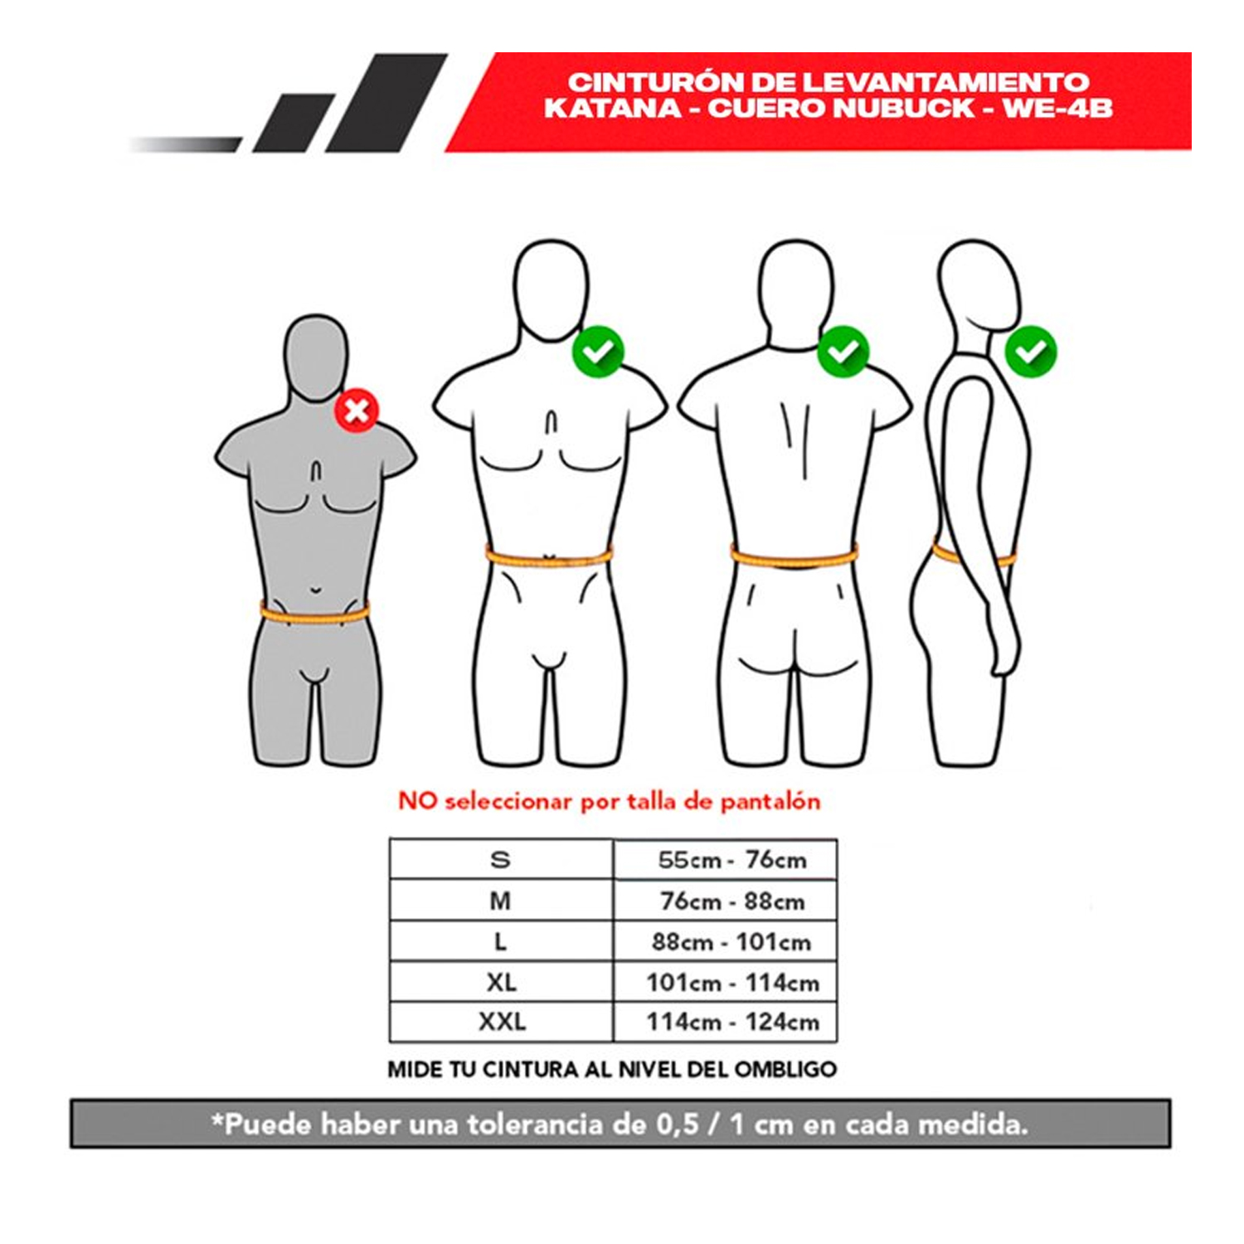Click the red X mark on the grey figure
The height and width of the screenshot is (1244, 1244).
(357, 410)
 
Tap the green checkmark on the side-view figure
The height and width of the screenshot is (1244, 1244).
(1031, 352)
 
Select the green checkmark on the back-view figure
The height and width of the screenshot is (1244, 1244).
(843, 352)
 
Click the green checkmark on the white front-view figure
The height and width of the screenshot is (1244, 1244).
(598, 352)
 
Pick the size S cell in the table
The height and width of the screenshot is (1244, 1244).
(501, 859)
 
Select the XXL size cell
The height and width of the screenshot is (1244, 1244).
(501, 1022)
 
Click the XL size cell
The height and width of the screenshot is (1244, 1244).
(501, 982)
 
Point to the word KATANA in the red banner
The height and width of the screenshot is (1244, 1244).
(612, 109)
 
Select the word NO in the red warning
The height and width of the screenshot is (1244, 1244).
(417, 801)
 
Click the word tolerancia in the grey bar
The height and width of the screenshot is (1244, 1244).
(535, 1125)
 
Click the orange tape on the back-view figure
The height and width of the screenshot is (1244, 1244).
(794, 556)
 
